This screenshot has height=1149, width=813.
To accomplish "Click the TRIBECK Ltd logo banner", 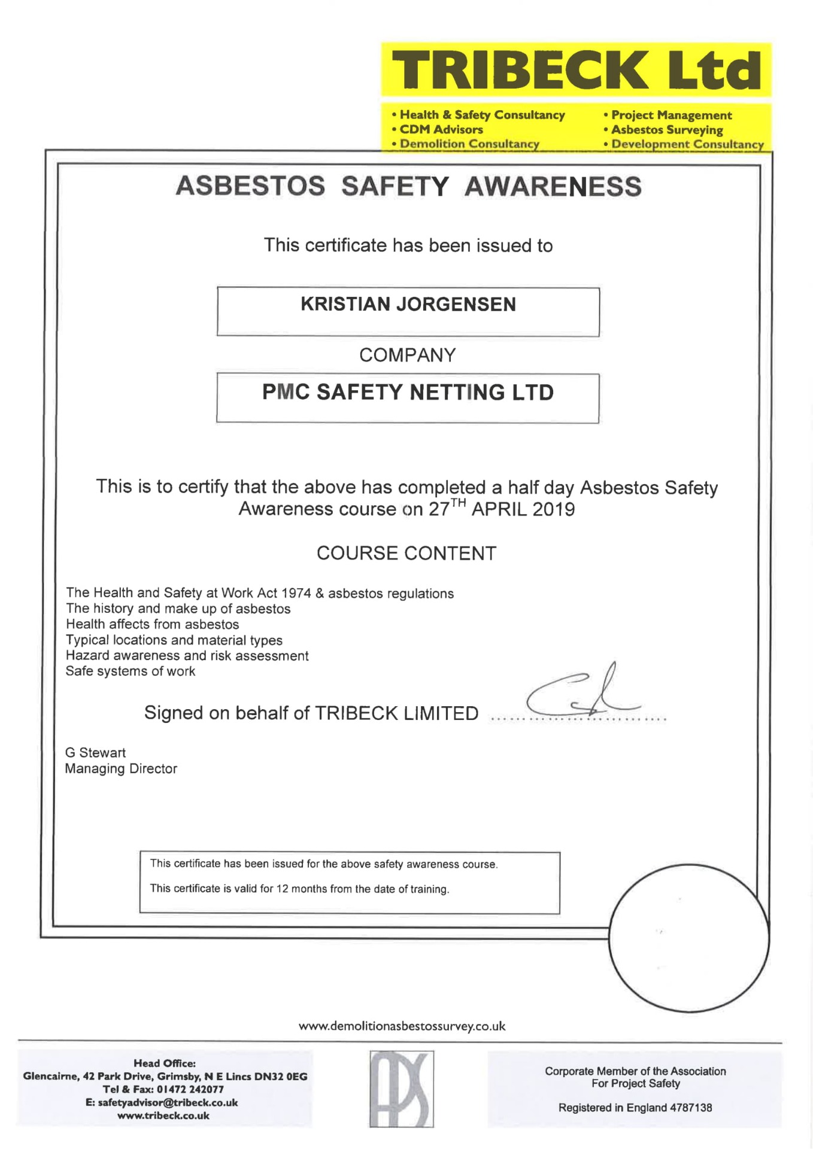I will tap(576, 69).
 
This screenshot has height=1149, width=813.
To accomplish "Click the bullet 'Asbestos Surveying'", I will tap(666, 130).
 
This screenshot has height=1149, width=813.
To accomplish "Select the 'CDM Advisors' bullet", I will tap(441, 129).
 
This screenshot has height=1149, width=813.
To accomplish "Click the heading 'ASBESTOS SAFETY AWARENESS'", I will tap(408, 186).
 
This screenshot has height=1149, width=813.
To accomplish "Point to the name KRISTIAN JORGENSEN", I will tap(408, 305).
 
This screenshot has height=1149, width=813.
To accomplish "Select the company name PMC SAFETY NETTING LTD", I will tap(408, 393).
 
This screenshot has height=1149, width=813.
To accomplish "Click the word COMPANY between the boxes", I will tap(407, 355).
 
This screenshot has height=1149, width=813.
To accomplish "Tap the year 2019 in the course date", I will tap(553, 509).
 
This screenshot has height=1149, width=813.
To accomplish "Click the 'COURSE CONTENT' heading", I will tap(406, 554).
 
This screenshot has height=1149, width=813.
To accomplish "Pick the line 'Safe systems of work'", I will tap(131, 671).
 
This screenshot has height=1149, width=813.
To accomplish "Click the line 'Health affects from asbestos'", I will tap(153, 625).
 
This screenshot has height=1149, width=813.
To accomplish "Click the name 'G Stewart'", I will tap(95, 753).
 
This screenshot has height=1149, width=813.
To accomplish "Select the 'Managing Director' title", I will tap(121, 769).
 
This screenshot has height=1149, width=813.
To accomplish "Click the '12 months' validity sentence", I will tap(299, 889).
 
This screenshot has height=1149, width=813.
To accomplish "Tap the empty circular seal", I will tap(688, 938).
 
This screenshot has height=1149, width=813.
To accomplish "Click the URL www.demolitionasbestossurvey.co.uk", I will tap(402, 1026).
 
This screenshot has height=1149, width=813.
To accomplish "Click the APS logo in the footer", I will tap(401, 1089).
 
